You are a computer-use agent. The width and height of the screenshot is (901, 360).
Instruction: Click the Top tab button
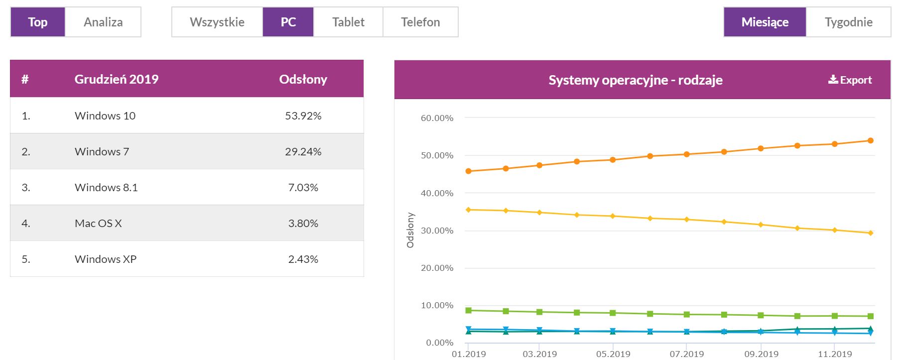(x=38, y=22)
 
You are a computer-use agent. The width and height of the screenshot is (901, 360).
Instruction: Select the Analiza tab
(x=103, y=22)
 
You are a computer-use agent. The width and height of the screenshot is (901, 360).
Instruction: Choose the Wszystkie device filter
(x=217, y=22)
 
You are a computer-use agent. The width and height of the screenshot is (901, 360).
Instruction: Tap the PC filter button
(x=288, y=22)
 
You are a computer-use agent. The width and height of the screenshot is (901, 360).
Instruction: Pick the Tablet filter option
(x=348, y=22)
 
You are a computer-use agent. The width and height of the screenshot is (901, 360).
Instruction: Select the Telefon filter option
(x=420, y=22)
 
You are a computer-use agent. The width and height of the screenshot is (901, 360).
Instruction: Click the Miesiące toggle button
(x=765, y=22)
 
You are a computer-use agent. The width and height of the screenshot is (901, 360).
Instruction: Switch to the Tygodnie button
(x=848, y=22)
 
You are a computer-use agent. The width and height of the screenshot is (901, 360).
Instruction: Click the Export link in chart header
(x=850, y=80)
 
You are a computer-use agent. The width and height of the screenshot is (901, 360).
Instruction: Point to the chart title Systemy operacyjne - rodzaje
(x=635, y=80)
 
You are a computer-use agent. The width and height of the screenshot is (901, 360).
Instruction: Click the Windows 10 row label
(x=105, y=116)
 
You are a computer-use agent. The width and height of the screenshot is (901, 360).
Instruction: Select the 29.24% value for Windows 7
(x=303, y=151)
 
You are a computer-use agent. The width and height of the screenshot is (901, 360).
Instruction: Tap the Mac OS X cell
(x=98, y=223)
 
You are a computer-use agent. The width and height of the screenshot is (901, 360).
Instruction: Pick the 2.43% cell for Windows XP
(x=303, y=259)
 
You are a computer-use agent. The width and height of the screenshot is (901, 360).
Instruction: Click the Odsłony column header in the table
(x=303, y=79)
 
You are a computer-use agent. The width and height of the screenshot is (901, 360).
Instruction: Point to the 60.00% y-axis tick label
(x=437, y=118)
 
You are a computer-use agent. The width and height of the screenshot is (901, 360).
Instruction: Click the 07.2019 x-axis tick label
(x=686, y=354)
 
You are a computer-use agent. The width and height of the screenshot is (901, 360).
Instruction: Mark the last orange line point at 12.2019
(x=871, y=140)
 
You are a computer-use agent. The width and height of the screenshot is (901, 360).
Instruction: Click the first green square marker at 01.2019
(x=468, y=310)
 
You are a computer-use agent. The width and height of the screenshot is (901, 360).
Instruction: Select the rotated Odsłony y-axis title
(x=410, y=230)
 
